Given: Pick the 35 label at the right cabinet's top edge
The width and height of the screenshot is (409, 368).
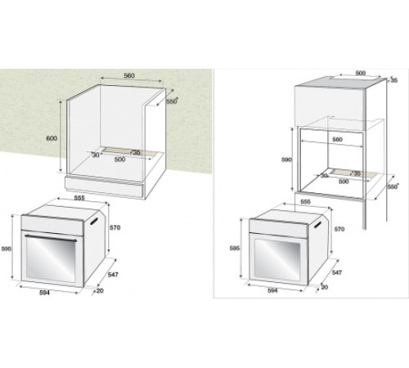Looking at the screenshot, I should pyautogui.click(x=393, y=81).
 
